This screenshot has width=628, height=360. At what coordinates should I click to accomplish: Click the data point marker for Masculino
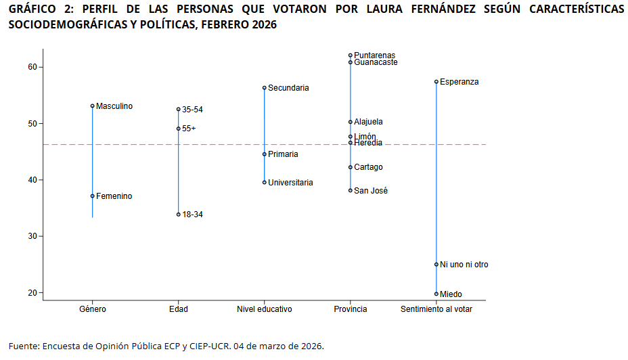(x=93, y=106)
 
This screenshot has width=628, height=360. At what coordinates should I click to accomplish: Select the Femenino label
(x=114, y=196)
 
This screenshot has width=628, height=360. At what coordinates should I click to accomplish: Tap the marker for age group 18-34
(x=179, y=214)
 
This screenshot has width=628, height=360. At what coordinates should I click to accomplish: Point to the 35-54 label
(x=192, y=109)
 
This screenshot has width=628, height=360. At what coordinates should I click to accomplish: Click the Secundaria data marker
(x=265, y=88)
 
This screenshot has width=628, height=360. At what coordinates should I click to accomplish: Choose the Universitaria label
(x=290, y=183)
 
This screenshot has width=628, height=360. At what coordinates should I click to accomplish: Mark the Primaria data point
(x=265, y=154)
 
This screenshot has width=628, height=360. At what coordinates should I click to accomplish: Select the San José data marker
(x=351, y=191)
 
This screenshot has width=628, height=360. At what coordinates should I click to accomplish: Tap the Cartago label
(x=368, y=167)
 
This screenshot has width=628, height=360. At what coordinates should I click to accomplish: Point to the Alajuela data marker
(x=351, y=122)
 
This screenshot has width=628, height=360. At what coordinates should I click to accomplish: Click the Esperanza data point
(x=436, y=82)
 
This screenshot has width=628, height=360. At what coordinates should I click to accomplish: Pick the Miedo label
(x=451, y=294)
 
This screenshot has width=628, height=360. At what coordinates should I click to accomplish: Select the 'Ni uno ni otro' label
(x=464, y=265)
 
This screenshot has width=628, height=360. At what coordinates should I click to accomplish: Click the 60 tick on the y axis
(x=32, y=67)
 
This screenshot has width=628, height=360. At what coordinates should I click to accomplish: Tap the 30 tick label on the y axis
(x=32, y=236)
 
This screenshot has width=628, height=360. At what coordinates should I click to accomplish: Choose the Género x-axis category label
(x=92, y=309)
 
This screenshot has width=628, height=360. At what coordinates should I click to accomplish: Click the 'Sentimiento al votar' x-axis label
(x=436, y=309)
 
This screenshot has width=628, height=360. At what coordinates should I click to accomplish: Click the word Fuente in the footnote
(x=23, y=346)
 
